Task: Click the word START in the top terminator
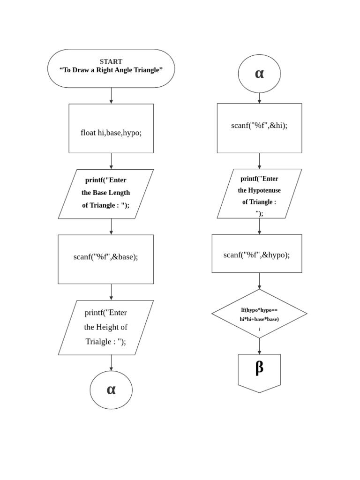[111, 61]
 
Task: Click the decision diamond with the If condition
[259, 314]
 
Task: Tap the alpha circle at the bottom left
[111, 390]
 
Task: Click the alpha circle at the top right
[259, 74]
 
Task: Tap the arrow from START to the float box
[111, 96]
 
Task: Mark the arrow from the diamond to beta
[259, 346]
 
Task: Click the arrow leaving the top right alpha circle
[259, 97]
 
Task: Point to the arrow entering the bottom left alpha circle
[111, 363]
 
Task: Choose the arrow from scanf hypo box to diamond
[259, 281]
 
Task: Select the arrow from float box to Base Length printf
[111, 161]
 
